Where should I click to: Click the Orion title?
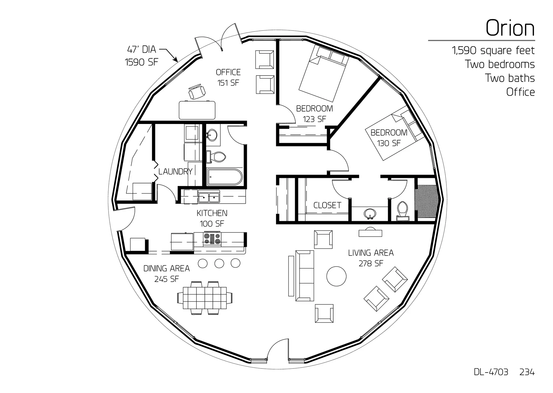coord(510,28)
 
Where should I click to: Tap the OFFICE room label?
coord(228,72)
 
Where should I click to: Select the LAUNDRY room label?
coord(175,172)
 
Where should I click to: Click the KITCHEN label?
coord(212,213)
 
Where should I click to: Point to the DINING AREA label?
coord(166,268)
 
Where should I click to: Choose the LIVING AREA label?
coord(371,253)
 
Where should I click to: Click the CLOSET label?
coord(327,205)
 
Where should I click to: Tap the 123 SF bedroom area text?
coord(314,119)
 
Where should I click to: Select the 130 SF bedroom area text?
coord(389,143)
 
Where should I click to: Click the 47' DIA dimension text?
coord(141,50)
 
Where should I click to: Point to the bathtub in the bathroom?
coord(225,177)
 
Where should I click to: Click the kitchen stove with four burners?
coord(212,239)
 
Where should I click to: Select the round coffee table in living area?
coord(336,276)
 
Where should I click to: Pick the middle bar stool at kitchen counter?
coord(219,263)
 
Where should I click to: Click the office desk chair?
coord(197,91)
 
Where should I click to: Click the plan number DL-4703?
coord(491,372)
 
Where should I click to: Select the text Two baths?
coord(510,78)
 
